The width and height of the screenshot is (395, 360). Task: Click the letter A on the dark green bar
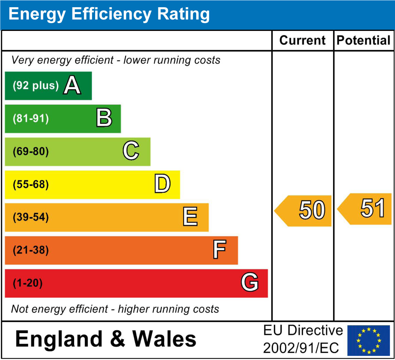[x=72, y=86]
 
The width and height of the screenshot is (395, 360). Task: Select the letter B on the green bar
[x=104, y=118]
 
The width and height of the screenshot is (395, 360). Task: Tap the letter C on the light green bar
[x=131, y=151]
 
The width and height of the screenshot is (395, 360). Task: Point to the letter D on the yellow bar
[x=162, y=184]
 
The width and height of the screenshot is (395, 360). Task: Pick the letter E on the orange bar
[x=190, y=217]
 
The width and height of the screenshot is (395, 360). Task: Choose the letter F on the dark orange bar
[x=219, y=250]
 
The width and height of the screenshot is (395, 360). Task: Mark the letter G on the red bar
[x=249, y=283]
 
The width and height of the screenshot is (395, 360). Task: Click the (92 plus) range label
[x=36, y=86]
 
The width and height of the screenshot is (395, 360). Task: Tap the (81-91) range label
[x=31, y=119]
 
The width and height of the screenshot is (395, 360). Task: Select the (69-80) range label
[x=31, y=151]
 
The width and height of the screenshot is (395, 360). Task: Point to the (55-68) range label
[x=31, y=184]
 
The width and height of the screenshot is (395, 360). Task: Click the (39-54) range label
[x=31, y=217]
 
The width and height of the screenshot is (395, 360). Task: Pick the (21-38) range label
[x=31, y=250]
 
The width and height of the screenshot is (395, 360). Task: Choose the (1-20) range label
[x=27, y=283]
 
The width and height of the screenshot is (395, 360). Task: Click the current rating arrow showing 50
[x=304, y=211]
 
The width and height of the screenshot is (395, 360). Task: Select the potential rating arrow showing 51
[x=366, y=209]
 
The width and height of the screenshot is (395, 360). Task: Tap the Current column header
[x=302, y=41]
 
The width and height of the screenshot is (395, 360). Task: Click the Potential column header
[x=363, y=41]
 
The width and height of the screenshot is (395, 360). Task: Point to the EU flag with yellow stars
[x=369, y=340]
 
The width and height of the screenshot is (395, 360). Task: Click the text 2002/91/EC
[x=301, y=348]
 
